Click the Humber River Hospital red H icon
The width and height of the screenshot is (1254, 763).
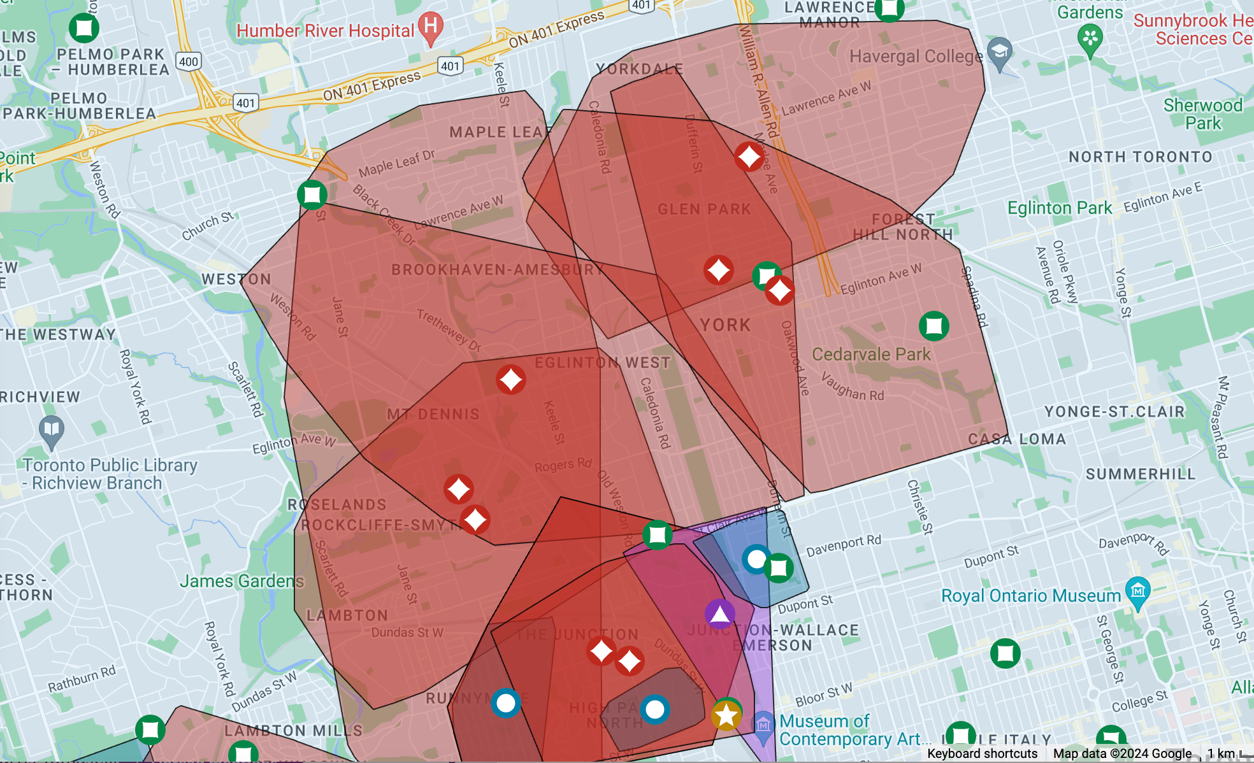pos(431,27)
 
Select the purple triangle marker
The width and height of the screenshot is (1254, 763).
pos(720,614)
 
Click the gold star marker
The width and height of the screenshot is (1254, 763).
pos(726,716)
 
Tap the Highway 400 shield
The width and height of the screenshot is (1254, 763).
pos(189,62)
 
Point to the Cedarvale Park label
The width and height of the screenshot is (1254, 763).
pos(871,354)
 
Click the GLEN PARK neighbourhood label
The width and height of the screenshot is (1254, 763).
pos(704,209)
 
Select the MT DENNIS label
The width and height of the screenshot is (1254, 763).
pos(433,414)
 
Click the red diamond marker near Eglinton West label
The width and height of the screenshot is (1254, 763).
pos(511,380)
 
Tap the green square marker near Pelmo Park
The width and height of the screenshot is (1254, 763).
pos(83,28)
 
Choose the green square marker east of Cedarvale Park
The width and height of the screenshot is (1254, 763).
pos(934,326)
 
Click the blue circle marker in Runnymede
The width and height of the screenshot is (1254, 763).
pos(506,703)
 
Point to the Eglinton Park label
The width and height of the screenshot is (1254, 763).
pos(1059,208)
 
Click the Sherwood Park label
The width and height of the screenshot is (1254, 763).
pos(1203,114)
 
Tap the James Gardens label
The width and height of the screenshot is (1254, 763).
pos(241,581)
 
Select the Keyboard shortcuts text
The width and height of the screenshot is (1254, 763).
pos(982,753)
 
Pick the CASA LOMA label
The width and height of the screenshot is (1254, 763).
pos(1017,439)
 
